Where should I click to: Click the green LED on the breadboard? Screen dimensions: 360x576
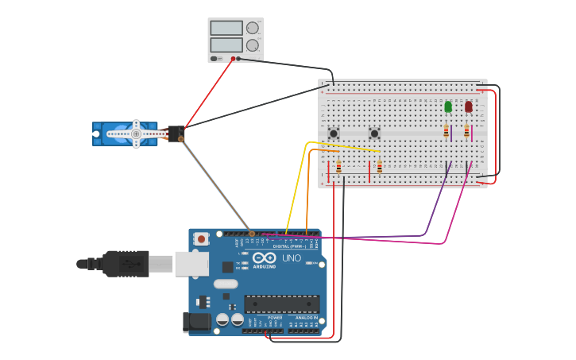tap(448, 106)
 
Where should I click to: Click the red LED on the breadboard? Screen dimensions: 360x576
tap(468, 106)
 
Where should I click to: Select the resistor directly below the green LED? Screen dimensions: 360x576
tap(446, 131)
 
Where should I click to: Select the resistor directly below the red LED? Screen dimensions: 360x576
tap(466, 131)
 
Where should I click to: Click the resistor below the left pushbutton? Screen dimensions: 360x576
tap(339, 167)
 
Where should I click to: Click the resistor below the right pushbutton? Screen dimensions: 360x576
tap(380, 167)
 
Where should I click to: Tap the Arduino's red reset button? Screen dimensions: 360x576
tap(202, 238)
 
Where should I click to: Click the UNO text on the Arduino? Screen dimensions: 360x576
tap(292, 258)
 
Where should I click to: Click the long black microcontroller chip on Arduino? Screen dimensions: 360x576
tap(282, 303)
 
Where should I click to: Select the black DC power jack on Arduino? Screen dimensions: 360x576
tap(195, 322)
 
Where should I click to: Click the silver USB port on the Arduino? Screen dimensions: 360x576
tap(191, 264)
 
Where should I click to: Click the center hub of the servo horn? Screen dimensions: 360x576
tap(136, 134)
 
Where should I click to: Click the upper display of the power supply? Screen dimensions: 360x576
tap(226, 28)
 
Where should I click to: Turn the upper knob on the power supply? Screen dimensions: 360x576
tap(253, 28)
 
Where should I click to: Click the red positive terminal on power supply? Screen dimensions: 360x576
tap(234, 58)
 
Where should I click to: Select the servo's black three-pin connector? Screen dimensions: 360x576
tap(176, 134)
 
